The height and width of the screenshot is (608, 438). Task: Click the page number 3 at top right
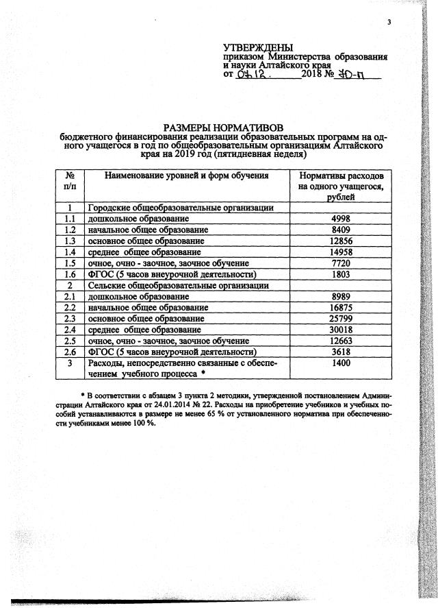tap(388, 23)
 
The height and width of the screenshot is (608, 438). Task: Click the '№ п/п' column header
tap(69, 181)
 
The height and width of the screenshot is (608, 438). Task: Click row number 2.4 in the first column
tap(69, 329)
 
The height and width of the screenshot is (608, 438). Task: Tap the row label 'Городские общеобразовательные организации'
tap(181, 208)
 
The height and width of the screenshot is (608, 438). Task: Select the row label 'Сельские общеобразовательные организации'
tap(178, 284)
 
